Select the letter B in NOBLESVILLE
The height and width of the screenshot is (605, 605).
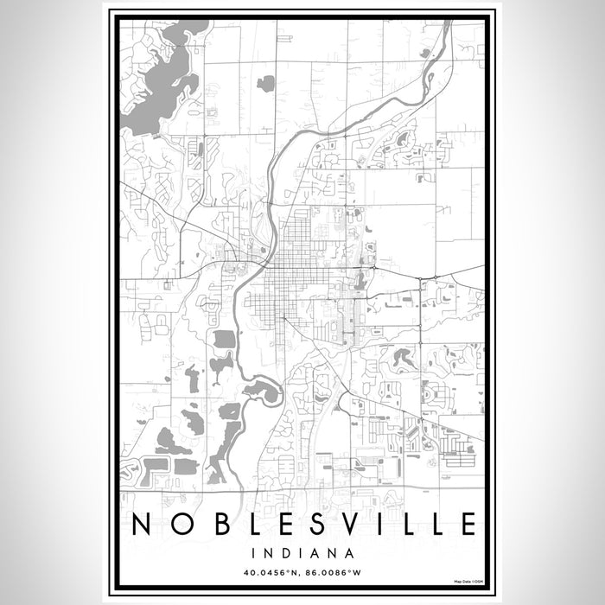(x=221, y=525)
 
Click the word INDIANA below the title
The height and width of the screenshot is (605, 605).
(x=302, y=552)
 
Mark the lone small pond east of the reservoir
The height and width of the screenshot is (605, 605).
(x=266, y=83)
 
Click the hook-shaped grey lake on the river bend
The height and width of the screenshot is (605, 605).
(x=264, y=392)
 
